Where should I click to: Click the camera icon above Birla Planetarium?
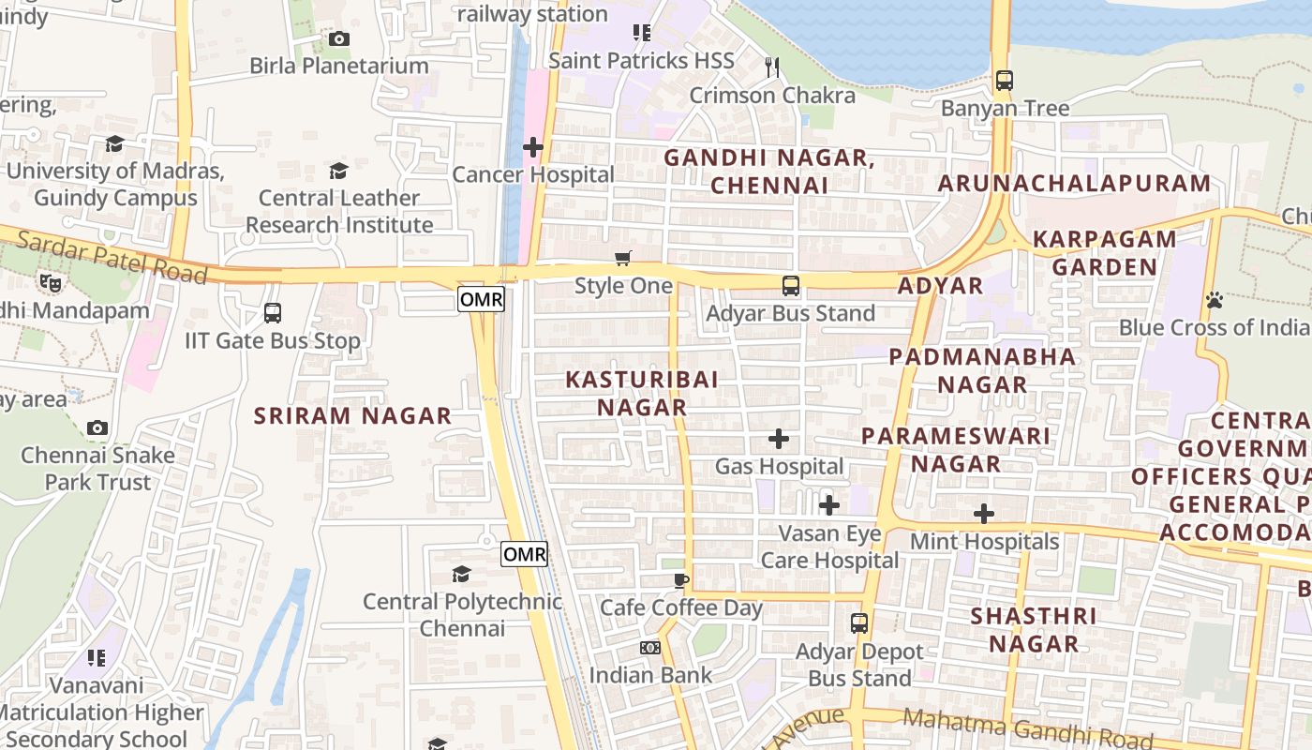click(338, 38)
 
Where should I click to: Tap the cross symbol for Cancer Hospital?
click(533, 147)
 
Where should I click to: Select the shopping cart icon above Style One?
click(623, 258)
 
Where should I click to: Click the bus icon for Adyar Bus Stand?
click(791, 286)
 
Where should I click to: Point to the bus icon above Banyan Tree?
click(1005, 81)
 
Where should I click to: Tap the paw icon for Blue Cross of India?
click(1215, 300)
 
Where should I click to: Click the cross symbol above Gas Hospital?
click(779, 439)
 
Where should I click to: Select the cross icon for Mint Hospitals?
click(984, 514)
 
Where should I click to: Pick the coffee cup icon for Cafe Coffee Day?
click(681, 580)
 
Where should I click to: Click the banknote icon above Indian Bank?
click(650, 648)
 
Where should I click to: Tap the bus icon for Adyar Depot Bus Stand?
click(859, 623)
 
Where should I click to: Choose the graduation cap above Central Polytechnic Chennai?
click(461, 574)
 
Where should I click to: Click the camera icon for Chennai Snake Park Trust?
click(97, 428)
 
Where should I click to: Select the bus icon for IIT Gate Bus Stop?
click(272, 313)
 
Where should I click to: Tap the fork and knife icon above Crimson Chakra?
click(772, 67)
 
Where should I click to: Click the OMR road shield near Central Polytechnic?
click(524, 554)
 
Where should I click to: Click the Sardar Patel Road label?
click(112, 256)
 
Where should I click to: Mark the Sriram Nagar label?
click(353, 415)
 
